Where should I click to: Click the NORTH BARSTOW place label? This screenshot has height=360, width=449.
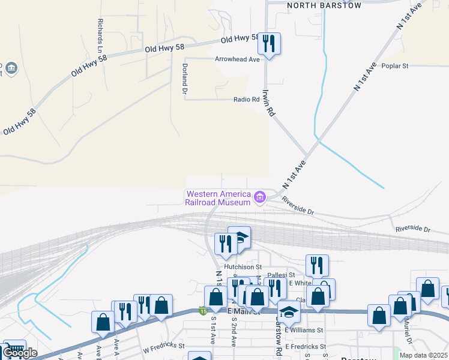pos(324,5)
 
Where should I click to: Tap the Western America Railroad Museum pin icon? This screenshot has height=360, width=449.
pos(260,197)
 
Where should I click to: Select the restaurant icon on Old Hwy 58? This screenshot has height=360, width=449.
pos(269,44)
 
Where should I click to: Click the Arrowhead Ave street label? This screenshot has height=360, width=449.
pos(237,60)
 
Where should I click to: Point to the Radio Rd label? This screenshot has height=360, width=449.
pos(246,100)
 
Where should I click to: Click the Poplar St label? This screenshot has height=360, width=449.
pos(394,65)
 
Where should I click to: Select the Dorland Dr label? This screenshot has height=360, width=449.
pos(185,79)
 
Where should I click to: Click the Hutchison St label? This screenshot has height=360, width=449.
pos(243,266)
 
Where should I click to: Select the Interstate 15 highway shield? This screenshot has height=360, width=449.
pos(203,310)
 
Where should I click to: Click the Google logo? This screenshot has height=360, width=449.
pos(19,353)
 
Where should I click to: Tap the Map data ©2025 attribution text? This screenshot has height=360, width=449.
pos(423,355)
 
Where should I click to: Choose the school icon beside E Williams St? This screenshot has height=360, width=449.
pos(289,313)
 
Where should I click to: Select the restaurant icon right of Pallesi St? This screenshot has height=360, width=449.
pos(317,265)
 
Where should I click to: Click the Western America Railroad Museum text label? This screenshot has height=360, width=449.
pos(218,198)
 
